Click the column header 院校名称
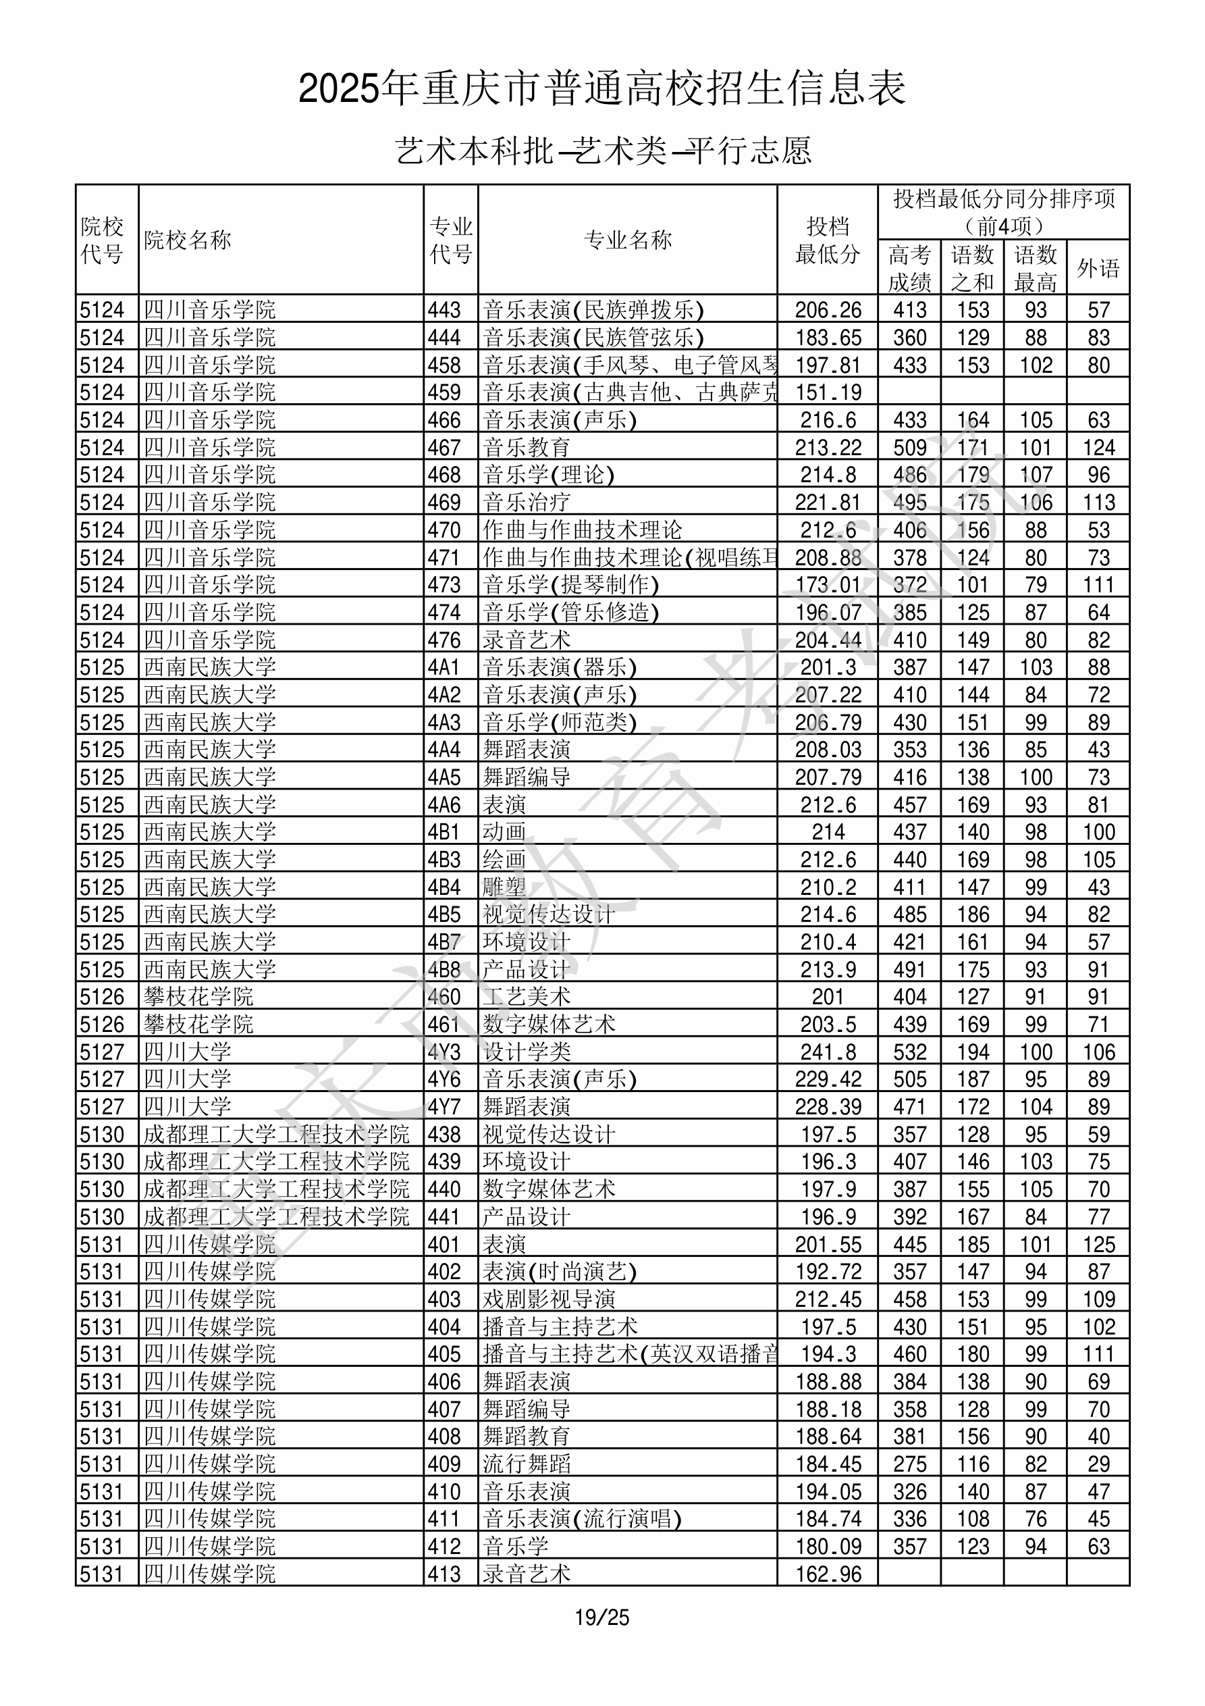[188, 240]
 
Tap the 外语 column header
[1098, 268]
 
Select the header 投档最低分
[827, 240]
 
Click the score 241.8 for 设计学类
[828, 1052]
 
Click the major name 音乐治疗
[526, 502]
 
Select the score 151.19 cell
[828, 392]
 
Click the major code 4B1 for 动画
[444, 832]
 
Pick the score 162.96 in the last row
[828, 1574]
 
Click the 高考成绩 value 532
[909, 1052]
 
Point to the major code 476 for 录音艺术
[444, 640]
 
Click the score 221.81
[828, 502]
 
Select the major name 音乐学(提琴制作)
[570, 585]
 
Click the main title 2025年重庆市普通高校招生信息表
[601, 88]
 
